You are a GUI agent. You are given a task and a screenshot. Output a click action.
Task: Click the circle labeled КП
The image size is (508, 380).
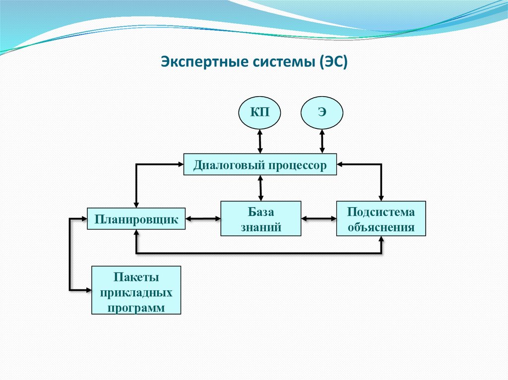click(260, 112)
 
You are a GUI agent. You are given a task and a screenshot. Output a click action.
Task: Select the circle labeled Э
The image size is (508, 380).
click(322, 112)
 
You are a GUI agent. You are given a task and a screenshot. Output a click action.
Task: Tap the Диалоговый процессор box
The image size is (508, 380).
click(260, 164)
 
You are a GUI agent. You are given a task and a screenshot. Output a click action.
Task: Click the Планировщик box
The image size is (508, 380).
click(136, 218)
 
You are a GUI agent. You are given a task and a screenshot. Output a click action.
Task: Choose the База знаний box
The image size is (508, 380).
click(260, 218)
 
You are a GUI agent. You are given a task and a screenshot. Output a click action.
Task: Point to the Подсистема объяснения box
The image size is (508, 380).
click(381, 218)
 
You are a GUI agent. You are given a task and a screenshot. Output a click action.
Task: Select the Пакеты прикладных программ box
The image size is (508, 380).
click(136, 290)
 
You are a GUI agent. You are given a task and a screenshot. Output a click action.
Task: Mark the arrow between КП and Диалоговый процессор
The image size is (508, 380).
click(260, 141)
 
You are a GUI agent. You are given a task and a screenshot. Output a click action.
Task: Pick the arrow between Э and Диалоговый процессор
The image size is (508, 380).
click(322, 141)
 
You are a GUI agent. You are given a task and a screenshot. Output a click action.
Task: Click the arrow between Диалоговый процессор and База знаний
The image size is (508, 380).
click(260, 188)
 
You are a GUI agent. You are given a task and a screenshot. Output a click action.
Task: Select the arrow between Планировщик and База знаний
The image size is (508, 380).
click(203, 218)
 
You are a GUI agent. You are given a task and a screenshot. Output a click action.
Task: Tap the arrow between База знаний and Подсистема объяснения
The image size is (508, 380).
click(318, 218)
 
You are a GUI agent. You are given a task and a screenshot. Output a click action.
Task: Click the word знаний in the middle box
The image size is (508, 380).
click(261, 227)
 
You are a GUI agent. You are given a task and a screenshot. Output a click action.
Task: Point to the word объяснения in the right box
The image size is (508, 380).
click(381, 227)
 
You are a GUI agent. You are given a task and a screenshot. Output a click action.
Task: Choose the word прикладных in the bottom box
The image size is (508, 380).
click(136, 292)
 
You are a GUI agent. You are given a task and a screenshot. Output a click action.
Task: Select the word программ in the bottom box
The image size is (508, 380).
click(136, 307)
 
